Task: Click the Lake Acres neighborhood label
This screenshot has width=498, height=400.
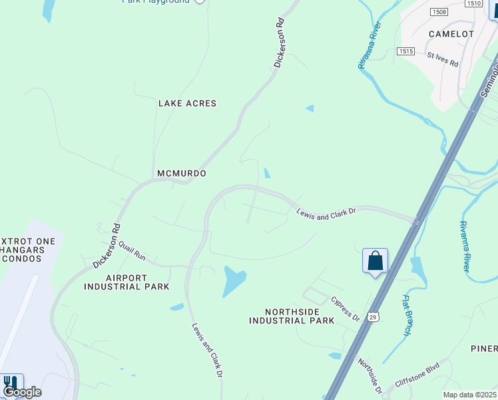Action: tap(187, 103)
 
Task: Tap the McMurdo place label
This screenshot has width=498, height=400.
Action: tap(181, 173)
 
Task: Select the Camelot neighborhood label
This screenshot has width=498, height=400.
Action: tap(451, 33)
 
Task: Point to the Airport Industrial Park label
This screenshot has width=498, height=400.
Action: tap(126, 282)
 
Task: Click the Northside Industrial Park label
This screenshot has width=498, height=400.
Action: tap(292, 316)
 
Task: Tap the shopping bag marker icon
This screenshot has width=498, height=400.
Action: tap(375, 260)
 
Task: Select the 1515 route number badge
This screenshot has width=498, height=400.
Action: tap(405, 51)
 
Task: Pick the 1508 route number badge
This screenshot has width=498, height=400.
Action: tap(439, 12)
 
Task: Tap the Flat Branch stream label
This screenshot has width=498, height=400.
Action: tap(406, 314)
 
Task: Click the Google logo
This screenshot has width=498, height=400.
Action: tap(22, 392)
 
